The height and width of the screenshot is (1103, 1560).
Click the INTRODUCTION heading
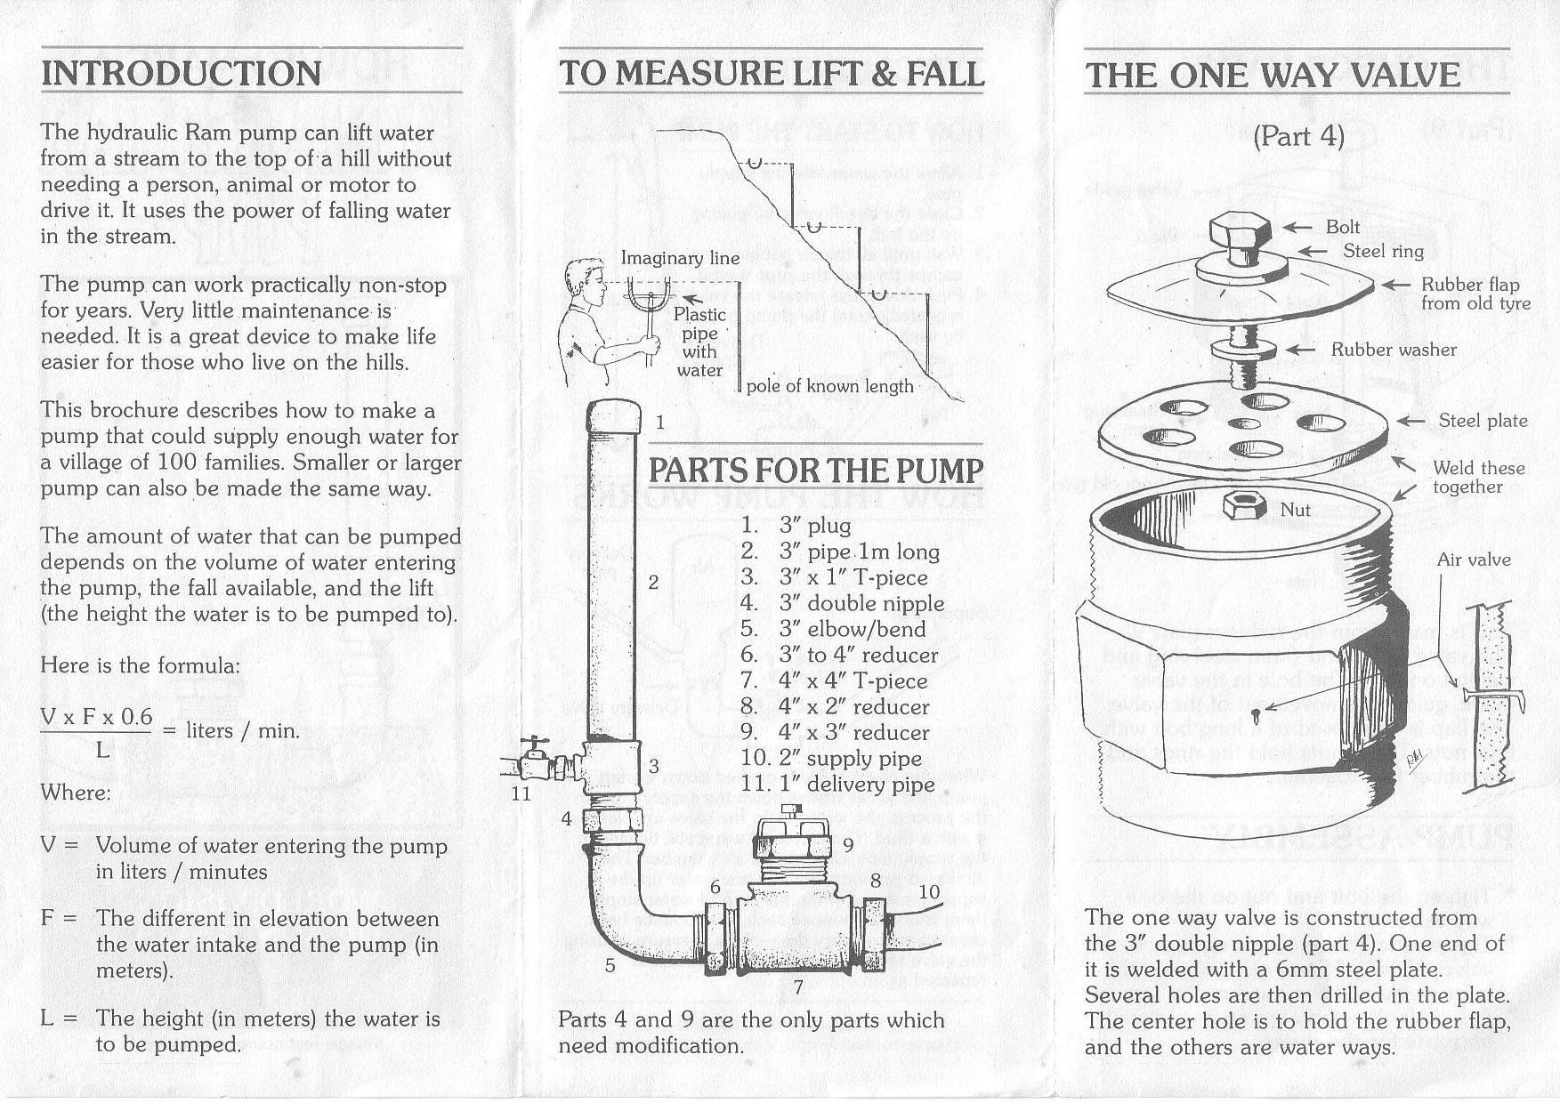coord(182,73)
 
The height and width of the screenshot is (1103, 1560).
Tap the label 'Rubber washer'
coord(1393,350)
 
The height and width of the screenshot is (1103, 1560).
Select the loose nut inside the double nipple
coord(1245,506)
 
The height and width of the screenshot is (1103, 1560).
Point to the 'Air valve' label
coord(1473,560)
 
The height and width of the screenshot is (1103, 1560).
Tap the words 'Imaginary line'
coord(680,258)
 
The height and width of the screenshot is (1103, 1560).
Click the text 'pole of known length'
coord(829,386)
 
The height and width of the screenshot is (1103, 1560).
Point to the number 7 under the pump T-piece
coord(798,986)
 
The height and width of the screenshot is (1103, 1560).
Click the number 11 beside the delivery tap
coord(521,793)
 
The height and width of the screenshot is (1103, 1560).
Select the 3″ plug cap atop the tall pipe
coord(613,416)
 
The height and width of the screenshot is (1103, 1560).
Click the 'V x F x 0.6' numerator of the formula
coord(96,717)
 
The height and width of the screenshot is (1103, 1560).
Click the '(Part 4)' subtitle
coord(1298,136)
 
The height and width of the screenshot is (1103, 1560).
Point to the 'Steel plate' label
coord(1483,421)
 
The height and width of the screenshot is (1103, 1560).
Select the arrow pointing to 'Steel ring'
coord(1313,252)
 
